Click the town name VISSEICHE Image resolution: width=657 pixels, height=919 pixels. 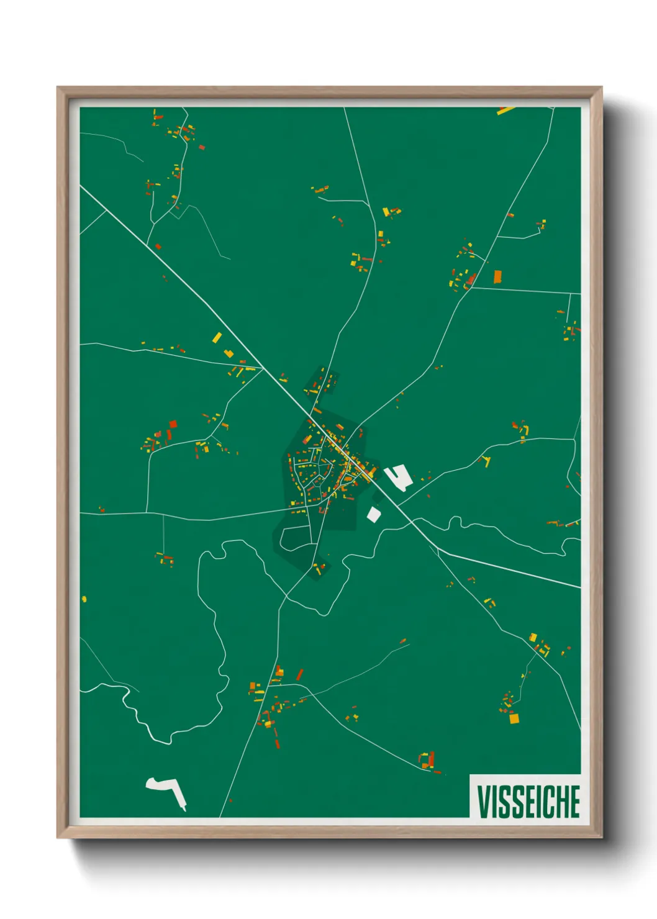pyautogui.click(x=528, y=801)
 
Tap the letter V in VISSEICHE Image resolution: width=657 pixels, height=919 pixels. pyautogui.click(x=483, y=801)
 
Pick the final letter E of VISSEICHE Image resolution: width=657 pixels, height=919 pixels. pyautogui.click(x=574, y=801)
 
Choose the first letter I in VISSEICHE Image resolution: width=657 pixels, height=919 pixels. pyautogui.click(x=493, y=801)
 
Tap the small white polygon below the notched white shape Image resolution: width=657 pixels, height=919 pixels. pyautogui.click(x=373, y=514)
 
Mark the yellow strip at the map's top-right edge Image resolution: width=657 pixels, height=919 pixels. pyautogui.click(x=506, y=111)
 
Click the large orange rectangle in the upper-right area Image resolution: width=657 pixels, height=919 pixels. pyautogui.click(x=497, y=276)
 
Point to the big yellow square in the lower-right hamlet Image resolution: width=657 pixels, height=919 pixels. pyautogui.click(x=514, y=718)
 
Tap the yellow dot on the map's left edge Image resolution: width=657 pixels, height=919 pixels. pyautogui.click(x=84, y=599)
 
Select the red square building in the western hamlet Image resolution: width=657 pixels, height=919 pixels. pyautogui.click(x=173, y=424)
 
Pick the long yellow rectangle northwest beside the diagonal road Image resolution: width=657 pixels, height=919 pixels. pyautogui.click(x=217, y=338)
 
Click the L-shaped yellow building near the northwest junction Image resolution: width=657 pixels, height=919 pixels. pyautogui.click(x=229, y=354)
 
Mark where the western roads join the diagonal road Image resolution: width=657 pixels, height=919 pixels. pyautogui.click(x=263, y=368)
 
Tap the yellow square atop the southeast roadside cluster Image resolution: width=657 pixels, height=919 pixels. pyautogui.click(x=533, y=637)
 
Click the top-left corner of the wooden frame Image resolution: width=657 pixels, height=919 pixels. pyautogui.click(x=58, y=88)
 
